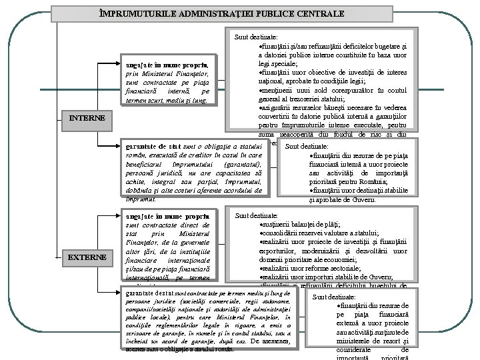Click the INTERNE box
pyautogui.click(x=87, y=118)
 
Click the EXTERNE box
pyautogui.click(x=87, y=257)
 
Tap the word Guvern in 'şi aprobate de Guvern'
pyautogui.click(x=365, y=199)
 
